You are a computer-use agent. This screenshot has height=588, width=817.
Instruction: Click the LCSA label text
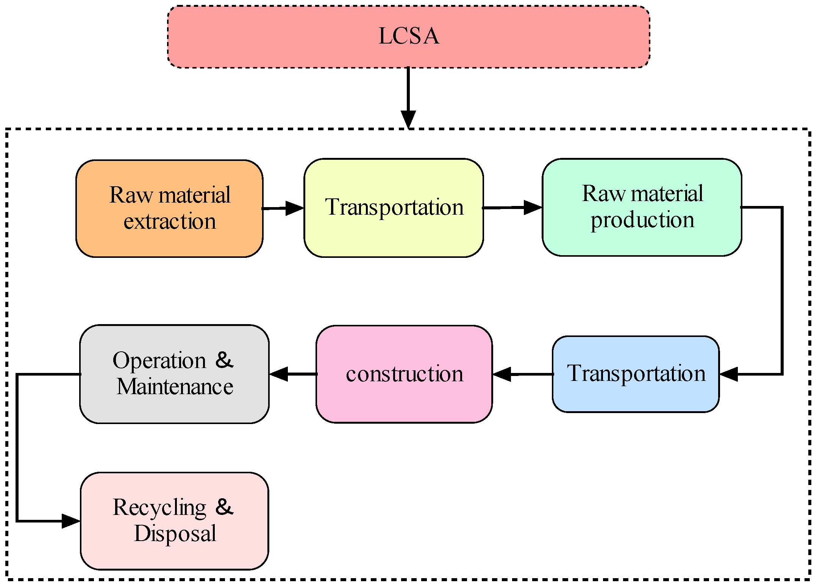click(x=409, y=36)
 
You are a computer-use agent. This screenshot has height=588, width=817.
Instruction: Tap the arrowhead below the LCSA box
click(x=408, y=119)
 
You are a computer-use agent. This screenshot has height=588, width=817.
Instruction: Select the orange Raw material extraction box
click(x=169, y=242)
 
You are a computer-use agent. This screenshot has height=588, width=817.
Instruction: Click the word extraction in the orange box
click(x=170, y=221)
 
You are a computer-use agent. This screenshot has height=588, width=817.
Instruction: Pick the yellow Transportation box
click(x=394, y=235)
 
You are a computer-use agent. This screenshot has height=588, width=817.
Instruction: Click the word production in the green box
click(x=642, y=220)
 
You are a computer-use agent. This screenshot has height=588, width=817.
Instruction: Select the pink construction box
click(x=404, y=401)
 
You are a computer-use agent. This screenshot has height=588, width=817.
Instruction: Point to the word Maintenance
click(x=175, y=387)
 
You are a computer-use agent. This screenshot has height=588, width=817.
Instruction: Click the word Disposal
click(x=175, y=533)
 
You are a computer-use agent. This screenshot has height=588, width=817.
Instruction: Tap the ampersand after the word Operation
click(x=224, y=360)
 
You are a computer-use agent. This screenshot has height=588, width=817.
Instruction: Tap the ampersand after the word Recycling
click(x=224, y=507)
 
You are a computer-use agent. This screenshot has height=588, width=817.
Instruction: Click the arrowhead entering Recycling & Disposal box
click(x=70, y=521)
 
